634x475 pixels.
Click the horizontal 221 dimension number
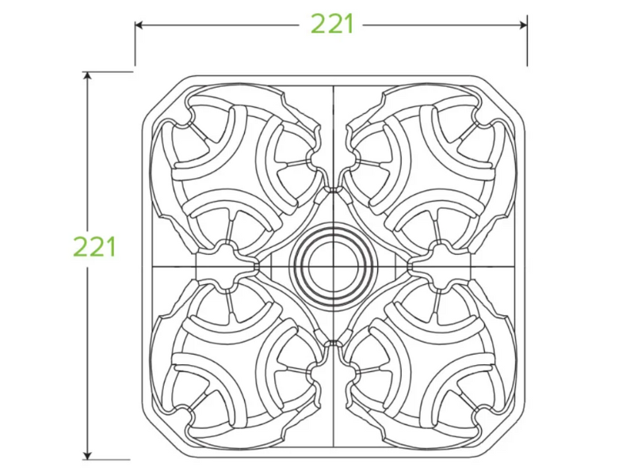(332, 25)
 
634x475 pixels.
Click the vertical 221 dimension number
(94, 247)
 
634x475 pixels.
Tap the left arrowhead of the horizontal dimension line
(139, 25)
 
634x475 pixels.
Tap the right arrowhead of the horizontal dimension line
(523, 25)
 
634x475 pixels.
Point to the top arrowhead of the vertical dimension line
(87, 76)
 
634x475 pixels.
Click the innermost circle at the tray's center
(333, 267)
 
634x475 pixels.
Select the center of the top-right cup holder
(430, 169)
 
